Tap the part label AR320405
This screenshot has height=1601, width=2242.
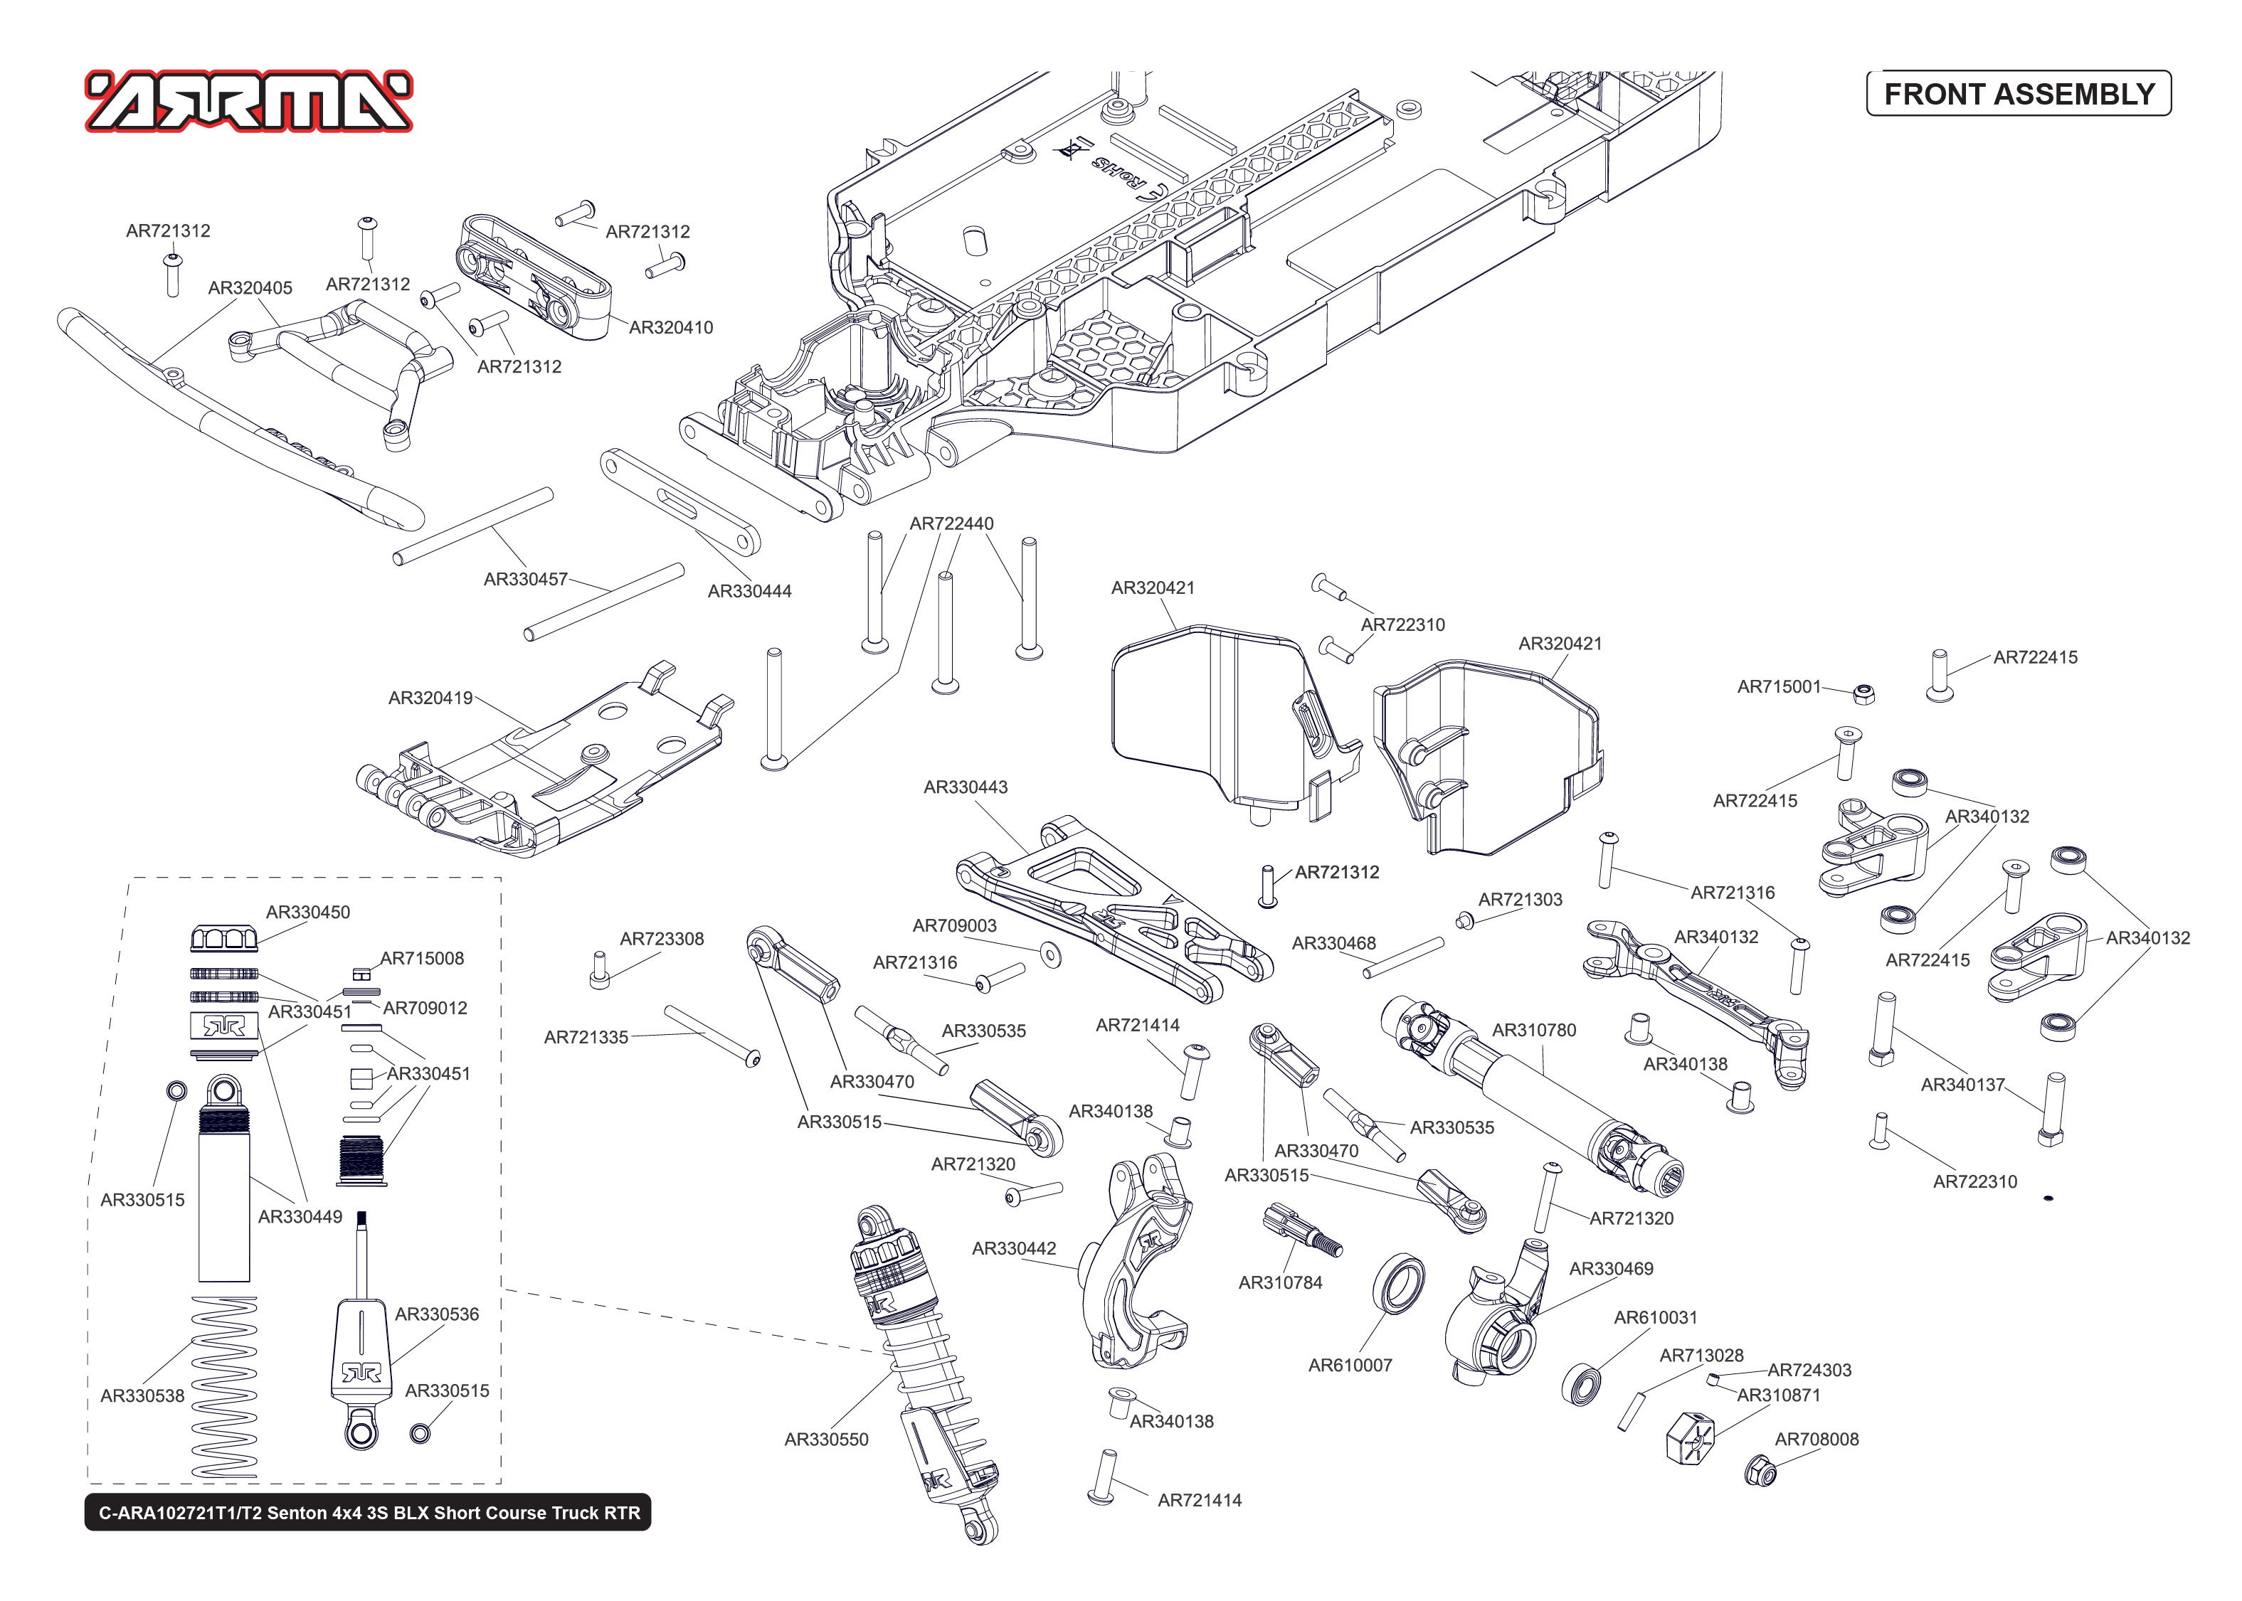tap(250, 288)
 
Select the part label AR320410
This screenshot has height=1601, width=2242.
tap(670, 327)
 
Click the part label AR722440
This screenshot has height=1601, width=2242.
tap(951, 523)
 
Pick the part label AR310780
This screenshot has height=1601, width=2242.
tap(1533, 1030)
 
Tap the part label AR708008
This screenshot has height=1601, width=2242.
tap(1816, 1440)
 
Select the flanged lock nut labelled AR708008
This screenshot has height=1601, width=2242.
tap(1760, 1472)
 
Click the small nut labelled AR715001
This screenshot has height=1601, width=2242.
tap(1863, 694)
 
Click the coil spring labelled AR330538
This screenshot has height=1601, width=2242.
tap(224, 1385)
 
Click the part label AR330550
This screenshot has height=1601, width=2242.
tap(825, 1440)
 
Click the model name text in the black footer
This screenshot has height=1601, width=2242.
tap(369, 1512)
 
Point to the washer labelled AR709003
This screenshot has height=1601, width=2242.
tap(1051, 954)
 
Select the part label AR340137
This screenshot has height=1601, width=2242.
tap(1962, 1085)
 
